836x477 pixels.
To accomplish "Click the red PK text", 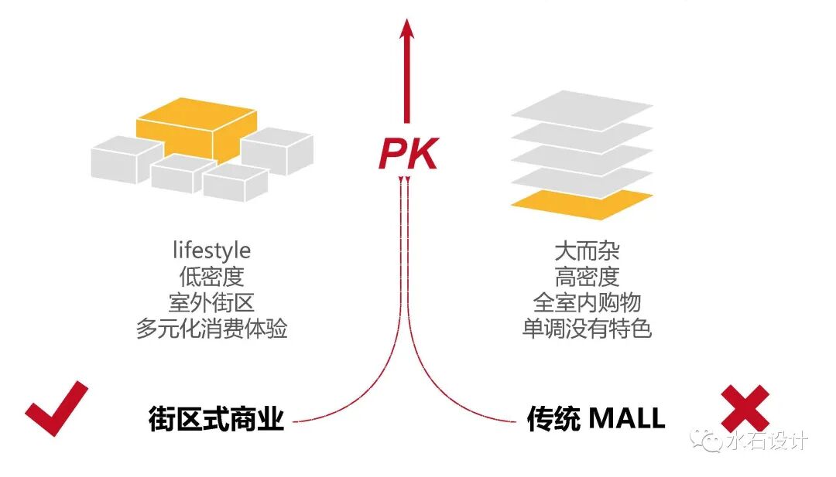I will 408,153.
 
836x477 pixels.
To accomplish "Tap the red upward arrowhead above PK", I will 407,29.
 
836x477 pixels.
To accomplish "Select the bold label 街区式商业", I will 216,418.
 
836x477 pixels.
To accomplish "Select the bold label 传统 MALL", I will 595,418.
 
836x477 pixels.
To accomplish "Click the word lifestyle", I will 211,250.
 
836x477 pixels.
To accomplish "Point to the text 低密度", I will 211,276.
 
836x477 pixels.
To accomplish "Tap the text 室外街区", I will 211,302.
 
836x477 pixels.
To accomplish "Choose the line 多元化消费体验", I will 211,329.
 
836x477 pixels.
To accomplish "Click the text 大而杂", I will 587,250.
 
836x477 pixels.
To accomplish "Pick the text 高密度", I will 587,276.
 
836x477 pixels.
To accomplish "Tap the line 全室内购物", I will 587,302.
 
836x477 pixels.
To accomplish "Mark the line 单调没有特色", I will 587,329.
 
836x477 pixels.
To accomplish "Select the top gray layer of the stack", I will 582,105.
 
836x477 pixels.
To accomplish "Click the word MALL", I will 626,418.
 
